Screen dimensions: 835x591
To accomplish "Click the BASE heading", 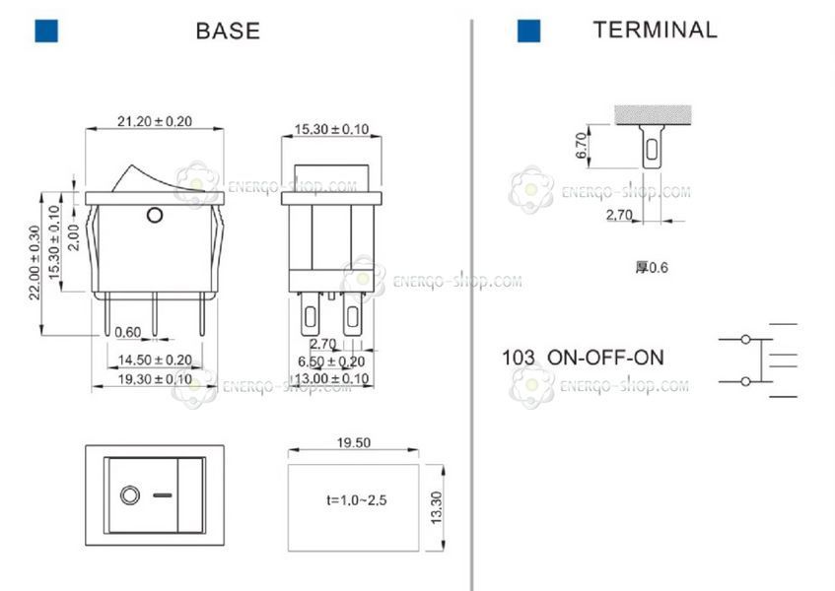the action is click(x=228, y=31).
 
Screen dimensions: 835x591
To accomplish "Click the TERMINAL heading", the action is click(x=655, y=30).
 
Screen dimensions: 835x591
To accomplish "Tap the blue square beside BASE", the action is click(x=46, y=31).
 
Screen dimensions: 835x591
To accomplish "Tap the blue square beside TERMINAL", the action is click(x=528, y=31).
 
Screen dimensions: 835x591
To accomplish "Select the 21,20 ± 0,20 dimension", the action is click(x=155, y=121).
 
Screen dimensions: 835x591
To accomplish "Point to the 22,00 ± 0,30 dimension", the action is click(x=35, y=263).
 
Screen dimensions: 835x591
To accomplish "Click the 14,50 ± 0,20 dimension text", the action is click(x=155, y=361).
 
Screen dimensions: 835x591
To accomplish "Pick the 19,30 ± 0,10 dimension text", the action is click(x=155, y=379).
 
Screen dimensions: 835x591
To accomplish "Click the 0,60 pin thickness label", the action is click(x=128, y=333).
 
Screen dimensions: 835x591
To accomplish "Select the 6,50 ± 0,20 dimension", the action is click(x=331, y=361).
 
